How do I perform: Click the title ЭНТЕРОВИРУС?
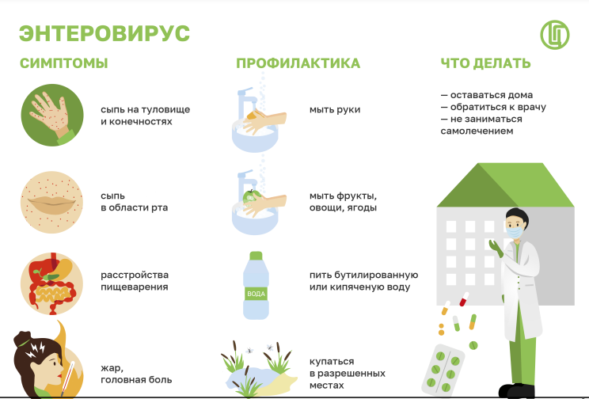click(x=104, y=33)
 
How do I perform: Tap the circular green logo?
click(x=555, y=35)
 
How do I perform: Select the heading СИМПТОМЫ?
click(x=64, y=63)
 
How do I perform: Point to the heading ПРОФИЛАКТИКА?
click(x=298, y=63)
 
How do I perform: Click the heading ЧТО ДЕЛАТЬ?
click(x=485, y=63)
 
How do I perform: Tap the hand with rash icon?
click(x=51, y=115)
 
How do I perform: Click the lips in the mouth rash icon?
click(x=51, y=205)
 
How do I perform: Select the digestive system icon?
click(x=51, y=283)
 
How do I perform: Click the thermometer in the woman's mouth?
click(x=67, y=378)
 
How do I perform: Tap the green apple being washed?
click(x=251, y=196)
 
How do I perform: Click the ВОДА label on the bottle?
click(x=256, y=294)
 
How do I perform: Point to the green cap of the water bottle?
click(x=256, y=256)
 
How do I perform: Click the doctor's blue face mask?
click(x=514, y=231)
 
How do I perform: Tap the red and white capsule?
click(x=464, y=299)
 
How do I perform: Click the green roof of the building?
click(x=505, y=184)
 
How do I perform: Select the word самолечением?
click(x=477, y=131)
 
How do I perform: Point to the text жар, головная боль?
click(x=136, y=374)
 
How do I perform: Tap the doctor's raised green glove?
click(x=496, y=249)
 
